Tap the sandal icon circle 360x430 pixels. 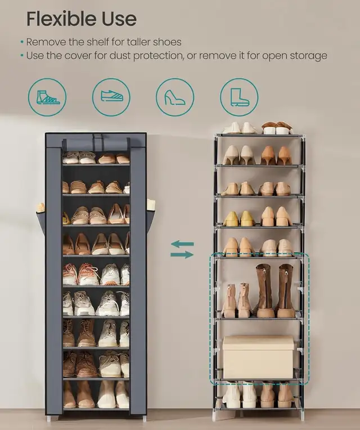[47, 97]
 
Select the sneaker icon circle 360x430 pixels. [111, 97]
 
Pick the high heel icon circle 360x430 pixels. [175, 97]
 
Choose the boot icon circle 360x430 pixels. [239, 97]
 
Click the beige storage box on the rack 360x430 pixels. [258, 357]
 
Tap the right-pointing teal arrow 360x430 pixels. [182, 254]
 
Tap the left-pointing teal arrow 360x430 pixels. [182, 244]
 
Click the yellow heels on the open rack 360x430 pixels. [239, 218]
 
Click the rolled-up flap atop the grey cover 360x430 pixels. [96, 144]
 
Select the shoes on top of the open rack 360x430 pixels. [259, 128]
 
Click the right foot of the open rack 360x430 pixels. [302, 415]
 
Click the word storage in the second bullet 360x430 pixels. [307, 56]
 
